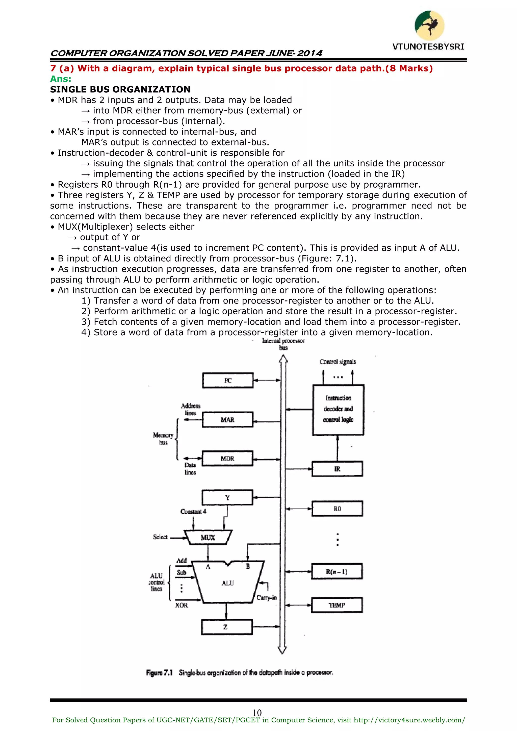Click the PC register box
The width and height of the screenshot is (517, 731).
(228, 381)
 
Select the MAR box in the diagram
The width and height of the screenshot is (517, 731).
(228, 420)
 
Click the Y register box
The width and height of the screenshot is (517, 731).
(227, 498)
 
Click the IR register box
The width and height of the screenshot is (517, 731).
(337, 469)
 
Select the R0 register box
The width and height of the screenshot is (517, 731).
(337, 509)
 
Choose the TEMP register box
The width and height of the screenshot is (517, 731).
(337, 605)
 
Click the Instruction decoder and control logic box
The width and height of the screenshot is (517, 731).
(338, 410)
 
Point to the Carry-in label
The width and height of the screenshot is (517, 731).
(267, 598)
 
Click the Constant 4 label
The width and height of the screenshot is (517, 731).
(193, 512)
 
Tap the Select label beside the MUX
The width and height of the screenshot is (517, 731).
(160, 537)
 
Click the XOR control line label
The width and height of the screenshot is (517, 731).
(182, 605)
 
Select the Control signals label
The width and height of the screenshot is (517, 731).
(338, 362)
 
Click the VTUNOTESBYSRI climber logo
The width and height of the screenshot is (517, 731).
(429, 26)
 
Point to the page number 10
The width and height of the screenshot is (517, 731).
(257, 713)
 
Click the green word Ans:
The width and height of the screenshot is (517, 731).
(61, 79)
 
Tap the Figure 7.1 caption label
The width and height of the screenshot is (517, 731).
(159, 673)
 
